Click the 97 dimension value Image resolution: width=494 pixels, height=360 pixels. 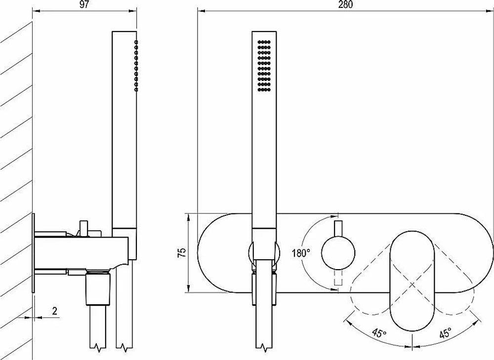point(84,5)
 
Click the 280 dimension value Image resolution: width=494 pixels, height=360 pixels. point(346,5)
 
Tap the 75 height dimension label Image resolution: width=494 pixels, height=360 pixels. point(182,253)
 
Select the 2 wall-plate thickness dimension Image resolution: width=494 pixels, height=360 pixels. point(55,311)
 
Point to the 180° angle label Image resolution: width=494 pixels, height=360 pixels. point(301,253)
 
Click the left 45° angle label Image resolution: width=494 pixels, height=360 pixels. point(379,333)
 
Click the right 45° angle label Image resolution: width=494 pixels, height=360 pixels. point(445,333)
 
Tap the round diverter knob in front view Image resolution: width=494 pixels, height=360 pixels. point(338,253)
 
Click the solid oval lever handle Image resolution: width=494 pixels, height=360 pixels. point(412,281)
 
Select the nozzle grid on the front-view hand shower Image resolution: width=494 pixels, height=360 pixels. point(264,66)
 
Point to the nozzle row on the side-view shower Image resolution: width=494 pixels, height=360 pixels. point(136,66)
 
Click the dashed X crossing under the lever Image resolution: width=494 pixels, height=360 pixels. point(412,285)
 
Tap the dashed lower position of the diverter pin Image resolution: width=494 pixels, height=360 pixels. point(338,278)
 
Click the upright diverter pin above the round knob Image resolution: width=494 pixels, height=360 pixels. point(338,229)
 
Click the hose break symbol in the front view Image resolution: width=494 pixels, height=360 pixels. point(264,347)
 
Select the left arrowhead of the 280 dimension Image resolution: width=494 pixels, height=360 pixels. point(202,11)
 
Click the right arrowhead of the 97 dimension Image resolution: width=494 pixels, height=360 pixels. point(132,11)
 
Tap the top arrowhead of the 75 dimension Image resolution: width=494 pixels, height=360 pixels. point(188,217)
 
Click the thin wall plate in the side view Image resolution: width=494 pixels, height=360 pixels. point(33,253)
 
